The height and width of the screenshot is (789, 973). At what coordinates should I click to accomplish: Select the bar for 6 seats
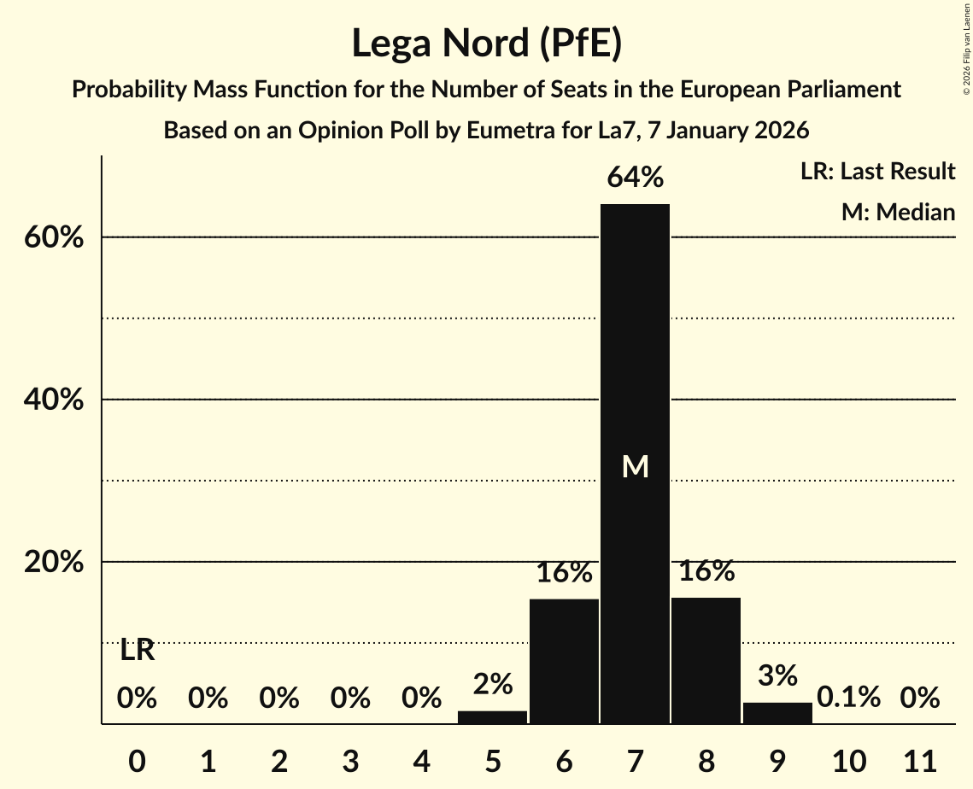coord(564,661)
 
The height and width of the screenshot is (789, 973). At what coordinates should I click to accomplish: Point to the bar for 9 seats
coord(777,713)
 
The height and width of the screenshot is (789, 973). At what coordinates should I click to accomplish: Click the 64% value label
coord(635,178)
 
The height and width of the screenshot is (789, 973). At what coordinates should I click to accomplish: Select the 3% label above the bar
coord(777,675)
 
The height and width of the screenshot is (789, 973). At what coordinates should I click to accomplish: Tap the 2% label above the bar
coord(492,683)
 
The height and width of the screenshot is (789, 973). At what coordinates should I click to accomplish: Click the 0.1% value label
coord(848,698)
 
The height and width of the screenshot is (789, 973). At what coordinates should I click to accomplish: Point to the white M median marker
coord(635,466)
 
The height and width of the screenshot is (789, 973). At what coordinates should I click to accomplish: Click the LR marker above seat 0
coord(137,651)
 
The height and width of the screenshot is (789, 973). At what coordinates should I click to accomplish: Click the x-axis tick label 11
coord(920,759)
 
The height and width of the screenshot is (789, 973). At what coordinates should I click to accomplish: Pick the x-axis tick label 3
coord(350,759)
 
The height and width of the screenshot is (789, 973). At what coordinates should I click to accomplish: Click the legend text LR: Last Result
coord(877,172)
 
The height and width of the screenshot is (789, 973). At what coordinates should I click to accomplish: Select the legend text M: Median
coord(898,212)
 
